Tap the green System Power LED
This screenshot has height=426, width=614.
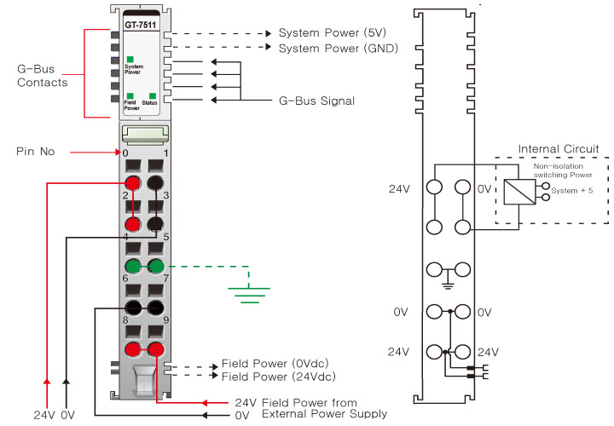point(130,59)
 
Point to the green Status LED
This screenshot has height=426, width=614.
point(151,95)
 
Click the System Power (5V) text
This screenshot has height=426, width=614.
point(321,33)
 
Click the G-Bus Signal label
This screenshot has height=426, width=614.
point(316,101)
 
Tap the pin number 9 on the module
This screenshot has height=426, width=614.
point(165,321)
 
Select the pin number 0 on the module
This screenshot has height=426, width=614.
point(125,153)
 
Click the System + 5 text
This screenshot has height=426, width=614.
point(572,190)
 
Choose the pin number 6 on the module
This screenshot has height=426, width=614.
point(125,279)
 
